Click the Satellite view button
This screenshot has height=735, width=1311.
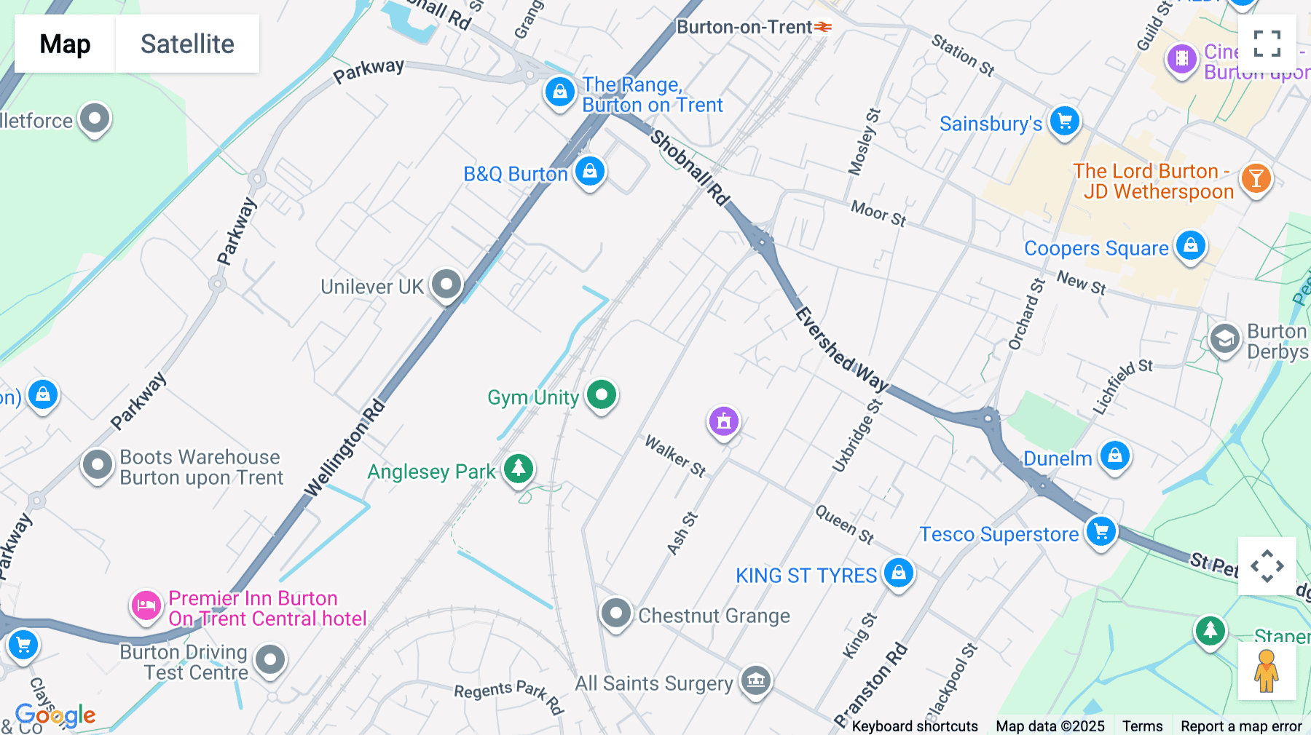click(x=187, y=44)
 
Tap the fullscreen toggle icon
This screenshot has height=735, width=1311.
click(x=1267, y=44)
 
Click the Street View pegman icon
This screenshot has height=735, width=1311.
click(x=1267, y=670)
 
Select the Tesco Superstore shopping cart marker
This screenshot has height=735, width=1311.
click(x=1101, y=531)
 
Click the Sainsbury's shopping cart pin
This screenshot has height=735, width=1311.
click(x=1064, y=121)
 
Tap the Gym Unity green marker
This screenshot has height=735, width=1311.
click(x=602, y=395)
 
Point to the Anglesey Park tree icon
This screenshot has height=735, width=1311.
click(x=519, y=468)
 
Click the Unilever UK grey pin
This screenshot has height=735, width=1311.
click(x=446, y=284)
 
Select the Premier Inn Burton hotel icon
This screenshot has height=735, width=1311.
click(x=146, y=605)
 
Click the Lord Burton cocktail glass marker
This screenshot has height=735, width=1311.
click(x=1256, y=178)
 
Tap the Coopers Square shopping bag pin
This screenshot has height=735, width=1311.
click(x=1190, y=245)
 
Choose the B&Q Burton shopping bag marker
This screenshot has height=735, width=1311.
click(x=590, y=171)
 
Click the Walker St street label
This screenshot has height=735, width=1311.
click(x=675, y=456)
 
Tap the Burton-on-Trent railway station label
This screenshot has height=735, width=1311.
click(x=744, y=28)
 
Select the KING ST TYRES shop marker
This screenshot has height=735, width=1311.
click(x=898, y=573)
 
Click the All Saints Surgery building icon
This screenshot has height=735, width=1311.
click(x=756, y=680)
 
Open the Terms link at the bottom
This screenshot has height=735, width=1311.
click(x=1142, y=726)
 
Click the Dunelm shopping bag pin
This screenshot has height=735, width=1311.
click(x=1115, y=456)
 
